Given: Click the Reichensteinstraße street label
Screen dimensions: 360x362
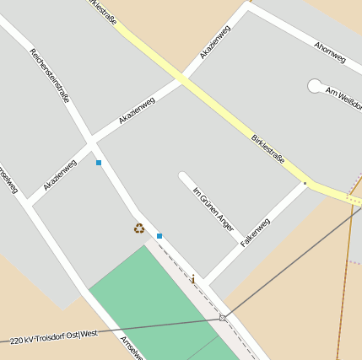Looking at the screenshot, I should (50, 75).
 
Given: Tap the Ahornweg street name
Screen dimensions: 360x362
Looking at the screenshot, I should (330, 52).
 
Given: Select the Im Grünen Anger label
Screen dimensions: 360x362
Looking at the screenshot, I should (213, 208).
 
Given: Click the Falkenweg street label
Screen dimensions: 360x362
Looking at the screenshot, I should (255, 232).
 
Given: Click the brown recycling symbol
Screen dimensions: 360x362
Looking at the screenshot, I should (139, 228).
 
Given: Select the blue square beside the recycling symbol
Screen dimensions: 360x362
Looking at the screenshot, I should (159, 236).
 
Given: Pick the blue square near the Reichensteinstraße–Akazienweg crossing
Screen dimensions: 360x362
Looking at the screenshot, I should (99, 163).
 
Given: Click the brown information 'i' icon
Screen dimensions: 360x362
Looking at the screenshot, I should (192, 279).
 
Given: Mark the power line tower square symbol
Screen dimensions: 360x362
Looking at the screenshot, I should (223, 318).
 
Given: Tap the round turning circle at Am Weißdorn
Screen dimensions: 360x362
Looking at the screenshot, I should (315, 85).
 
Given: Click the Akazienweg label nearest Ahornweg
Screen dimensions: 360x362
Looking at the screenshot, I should (214, 43).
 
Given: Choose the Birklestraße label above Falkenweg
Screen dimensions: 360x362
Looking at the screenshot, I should (268, 153).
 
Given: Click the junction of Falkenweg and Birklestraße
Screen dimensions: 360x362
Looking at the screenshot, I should (305, 182).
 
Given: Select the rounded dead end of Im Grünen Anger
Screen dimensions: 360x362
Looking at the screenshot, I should (182, 177).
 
